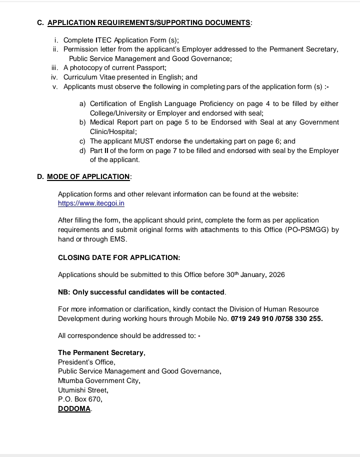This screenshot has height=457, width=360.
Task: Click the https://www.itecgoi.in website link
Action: (91, 203)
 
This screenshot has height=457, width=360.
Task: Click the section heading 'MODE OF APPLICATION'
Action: (88, 176)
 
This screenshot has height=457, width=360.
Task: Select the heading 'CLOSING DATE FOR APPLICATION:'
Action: (119, 257)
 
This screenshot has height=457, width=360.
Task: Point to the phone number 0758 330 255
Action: (301, 318)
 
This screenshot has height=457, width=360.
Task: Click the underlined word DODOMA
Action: (74, 408)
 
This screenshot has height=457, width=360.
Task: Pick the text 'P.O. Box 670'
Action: (80, 399)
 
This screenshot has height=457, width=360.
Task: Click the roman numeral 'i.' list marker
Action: (56, 39)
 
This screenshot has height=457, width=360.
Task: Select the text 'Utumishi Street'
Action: (82, 390)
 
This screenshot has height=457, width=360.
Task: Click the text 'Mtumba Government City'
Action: (98, 380)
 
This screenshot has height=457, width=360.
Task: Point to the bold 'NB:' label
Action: (64, 291)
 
